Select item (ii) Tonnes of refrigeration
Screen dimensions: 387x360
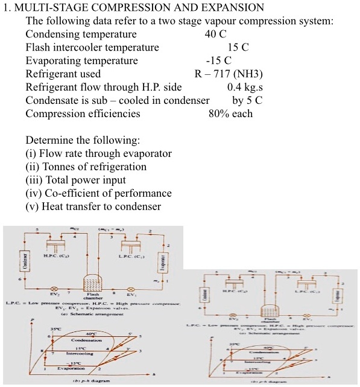[x=86, y=167]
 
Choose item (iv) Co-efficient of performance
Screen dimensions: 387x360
[x=98, y=193]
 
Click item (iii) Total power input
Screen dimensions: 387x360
[x=75, y=180]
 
